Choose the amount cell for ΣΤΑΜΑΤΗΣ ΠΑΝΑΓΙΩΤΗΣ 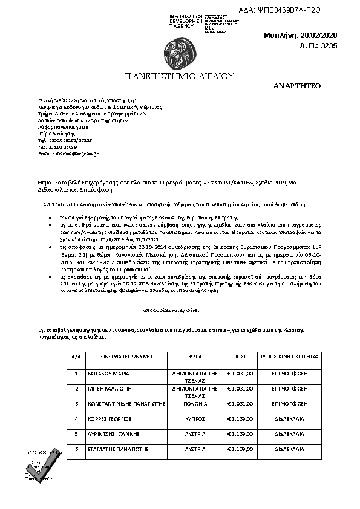pyautogui.click(x=240, y=449)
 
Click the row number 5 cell pyautogui.click(x=76, y=433)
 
